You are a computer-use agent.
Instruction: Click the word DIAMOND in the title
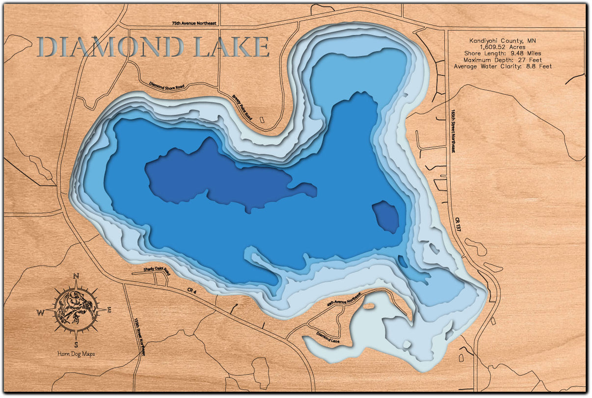pyautogui.click(x=110, y=47)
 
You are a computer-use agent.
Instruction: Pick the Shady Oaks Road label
pyautogui.click(x=156, y=270)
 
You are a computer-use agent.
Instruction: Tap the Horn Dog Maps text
pyautogui.click(x=76, y=354)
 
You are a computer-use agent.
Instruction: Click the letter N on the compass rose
pyautogui.click(x=76, y=277)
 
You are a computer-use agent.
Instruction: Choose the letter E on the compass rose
pyautogui.click(x=109, y=310)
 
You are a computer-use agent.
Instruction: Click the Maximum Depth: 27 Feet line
pyautogui.click(x=503, y=59)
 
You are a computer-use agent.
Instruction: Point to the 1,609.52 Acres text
pyautogui.click(x=503, y=47)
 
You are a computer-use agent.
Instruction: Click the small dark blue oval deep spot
pyautogui.click(x=385, y=216)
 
